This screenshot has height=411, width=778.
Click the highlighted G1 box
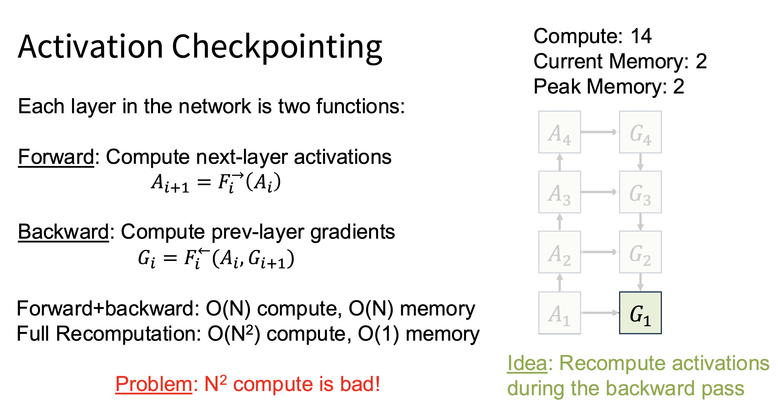(640, 313)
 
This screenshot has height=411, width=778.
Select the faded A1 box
(560, 313)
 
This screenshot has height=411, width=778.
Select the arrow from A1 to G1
(600, 313)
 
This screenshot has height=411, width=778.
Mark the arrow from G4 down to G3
(640, 162)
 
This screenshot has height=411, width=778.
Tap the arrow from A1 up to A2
(560, 283)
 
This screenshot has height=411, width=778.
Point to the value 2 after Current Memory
(701, 61)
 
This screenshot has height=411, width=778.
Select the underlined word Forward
(56, 157)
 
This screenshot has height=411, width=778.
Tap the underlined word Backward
(64, 232)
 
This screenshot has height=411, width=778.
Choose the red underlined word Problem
(154, 384)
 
